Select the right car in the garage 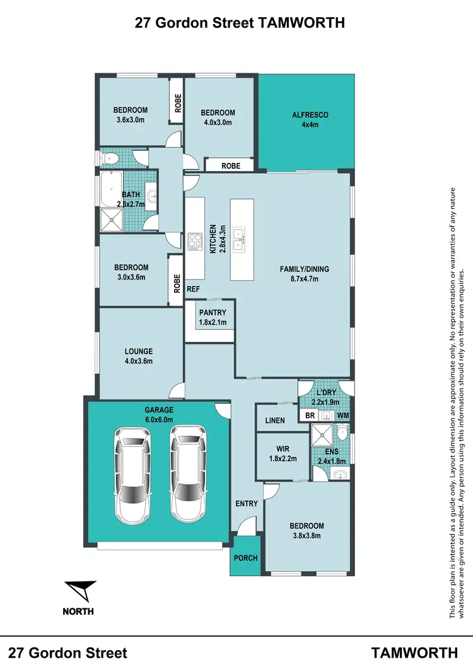click(189, 471)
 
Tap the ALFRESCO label click(310, 115)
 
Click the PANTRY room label click(212, 312)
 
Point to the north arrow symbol click(82, 592)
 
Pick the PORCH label click(245, 559)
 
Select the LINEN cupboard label click(275, 420)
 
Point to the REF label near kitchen click(193, 290)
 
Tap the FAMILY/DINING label click(305, 269)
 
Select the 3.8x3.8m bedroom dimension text click(307, 536)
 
